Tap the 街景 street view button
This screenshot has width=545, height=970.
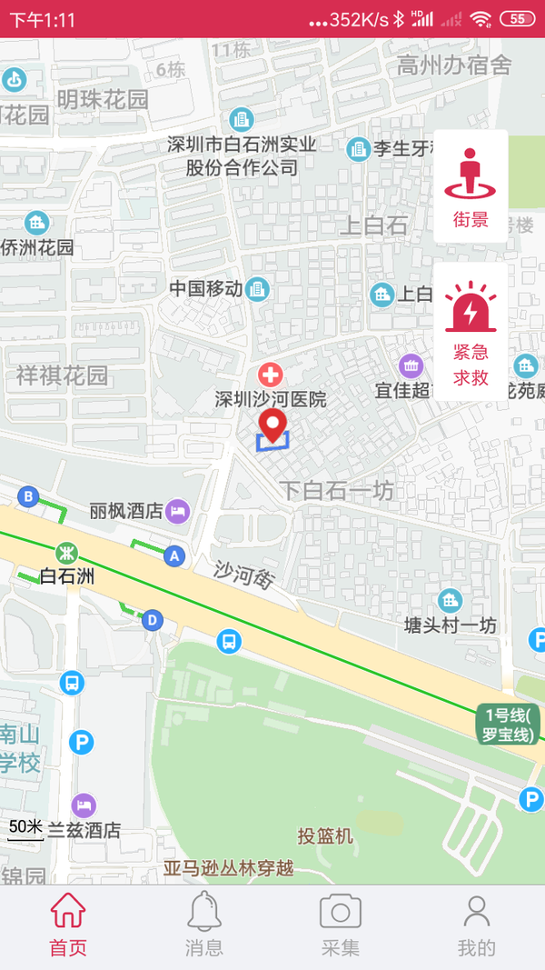(x=471, y=186)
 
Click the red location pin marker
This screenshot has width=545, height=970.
(x=272, y=425)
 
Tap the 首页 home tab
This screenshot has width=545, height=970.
(x=68, y=925)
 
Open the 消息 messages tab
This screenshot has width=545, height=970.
(x=204, y=925)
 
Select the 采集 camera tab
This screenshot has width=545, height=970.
(x=341, y=925)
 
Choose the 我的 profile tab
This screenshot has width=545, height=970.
(x=476, y=925)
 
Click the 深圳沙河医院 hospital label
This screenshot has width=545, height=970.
(x=271, y=399)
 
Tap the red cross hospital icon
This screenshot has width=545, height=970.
(x=271, y=374)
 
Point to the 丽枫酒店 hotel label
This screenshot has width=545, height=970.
(x=126, y=511)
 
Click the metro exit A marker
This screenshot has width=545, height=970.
(x=174, y=555)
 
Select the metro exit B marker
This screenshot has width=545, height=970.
(x=28, y=496)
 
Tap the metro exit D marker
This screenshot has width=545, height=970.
(x=152, y=620)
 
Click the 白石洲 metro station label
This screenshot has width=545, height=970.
(x=68, y=575)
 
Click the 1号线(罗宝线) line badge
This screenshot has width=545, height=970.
(x=508, y=725)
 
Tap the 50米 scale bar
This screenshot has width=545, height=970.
(x=25, y=829)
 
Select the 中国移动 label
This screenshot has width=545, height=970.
(x=206, y=289)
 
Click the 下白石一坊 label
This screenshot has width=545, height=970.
(x=336, y=491)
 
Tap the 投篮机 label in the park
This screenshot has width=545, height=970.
(x=325, y=835)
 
